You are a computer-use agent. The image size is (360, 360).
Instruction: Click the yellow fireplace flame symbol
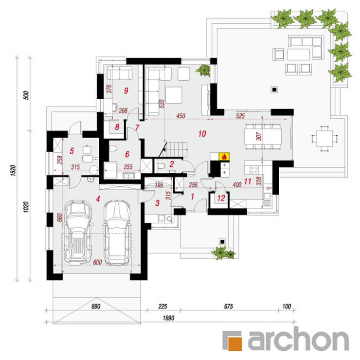pyautogui.click(x=224, y=157)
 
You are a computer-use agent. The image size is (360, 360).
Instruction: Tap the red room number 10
pyautogui.click(x=202, y=134)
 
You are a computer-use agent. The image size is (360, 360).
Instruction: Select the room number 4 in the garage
pyautogui.click(x=98, y=199)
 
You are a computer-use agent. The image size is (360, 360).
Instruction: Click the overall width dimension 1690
pyautogui.click(x=168, y=318)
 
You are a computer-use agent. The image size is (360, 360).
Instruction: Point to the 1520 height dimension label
pyautogui.click(x=13, y=170)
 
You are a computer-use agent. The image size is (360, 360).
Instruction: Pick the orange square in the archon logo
pyautogui.click(x=235, y=344)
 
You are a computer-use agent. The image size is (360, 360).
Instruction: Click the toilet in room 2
pyautogui.click(x=161, y=166)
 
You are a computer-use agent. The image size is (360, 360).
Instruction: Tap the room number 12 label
pyautogui.click(x=221, y=198)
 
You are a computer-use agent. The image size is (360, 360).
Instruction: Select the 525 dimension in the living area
pyautogui.click(x=240, y=116)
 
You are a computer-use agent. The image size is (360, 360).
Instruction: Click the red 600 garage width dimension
pyautogui.click(x=97, y=262)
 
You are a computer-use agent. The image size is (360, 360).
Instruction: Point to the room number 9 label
pyautogui.click(x=126, y=90)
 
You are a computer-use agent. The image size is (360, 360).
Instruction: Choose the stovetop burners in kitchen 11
pyautogui.click(x=254, y=170)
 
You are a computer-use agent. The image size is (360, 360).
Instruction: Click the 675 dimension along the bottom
pyautogui.click(x=228, y=306)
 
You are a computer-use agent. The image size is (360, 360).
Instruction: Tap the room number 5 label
pyautogui.click(x=72, y=151)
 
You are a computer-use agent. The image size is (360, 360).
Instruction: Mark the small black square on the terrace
pyautogui.click(x=274, y=89)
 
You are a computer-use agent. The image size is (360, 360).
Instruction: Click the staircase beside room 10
pyautogui.click(x=174, y=149)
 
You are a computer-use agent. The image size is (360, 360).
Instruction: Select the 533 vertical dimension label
pyautogui.click(x=162, y=104)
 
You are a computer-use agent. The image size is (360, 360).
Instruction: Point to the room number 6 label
pyautogui.click(x=127, y=154)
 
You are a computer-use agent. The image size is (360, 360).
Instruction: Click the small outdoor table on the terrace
pyautogui.click(x=324, y=139)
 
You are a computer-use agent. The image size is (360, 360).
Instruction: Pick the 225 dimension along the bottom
pyautogui.click(x=162, y=306)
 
